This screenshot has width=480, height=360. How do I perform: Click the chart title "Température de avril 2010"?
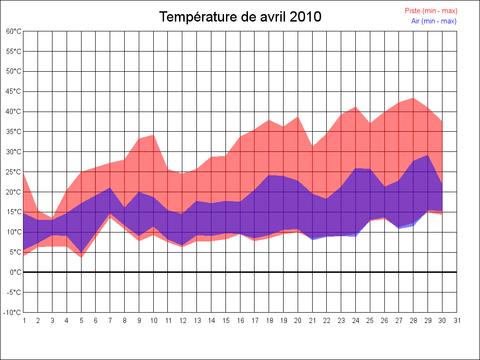coord(240,17)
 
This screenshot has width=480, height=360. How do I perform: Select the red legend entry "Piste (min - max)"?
coord(431,11)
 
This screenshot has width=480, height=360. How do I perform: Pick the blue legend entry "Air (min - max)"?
coord(434,21)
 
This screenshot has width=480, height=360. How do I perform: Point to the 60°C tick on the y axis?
coord(14,31)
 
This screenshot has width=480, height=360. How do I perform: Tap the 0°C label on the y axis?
coord(16,272)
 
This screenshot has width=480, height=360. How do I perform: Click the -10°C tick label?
coord(13,312)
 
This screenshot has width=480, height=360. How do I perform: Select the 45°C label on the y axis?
coord(14,91)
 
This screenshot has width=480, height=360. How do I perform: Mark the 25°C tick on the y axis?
coord(14,172)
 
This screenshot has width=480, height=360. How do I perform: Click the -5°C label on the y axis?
coord(14,292)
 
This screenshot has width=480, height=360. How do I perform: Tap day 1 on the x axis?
coord(24,321)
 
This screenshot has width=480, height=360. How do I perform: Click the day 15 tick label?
coord(226,321)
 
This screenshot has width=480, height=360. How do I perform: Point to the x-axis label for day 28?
coord(413,321)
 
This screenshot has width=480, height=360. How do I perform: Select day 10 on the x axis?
coord(154,321)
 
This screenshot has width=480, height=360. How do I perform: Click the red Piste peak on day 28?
coord(413,98)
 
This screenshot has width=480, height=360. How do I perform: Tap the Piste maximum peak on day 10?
coord(154,135)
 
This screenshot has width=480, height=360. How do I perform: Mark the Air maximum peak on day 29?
coord(427,155)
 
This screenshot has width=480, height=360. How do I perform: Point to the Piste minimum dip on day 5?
coord(82,257)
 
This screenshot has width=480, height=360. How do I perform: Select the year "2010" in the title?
coord(305,17)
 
